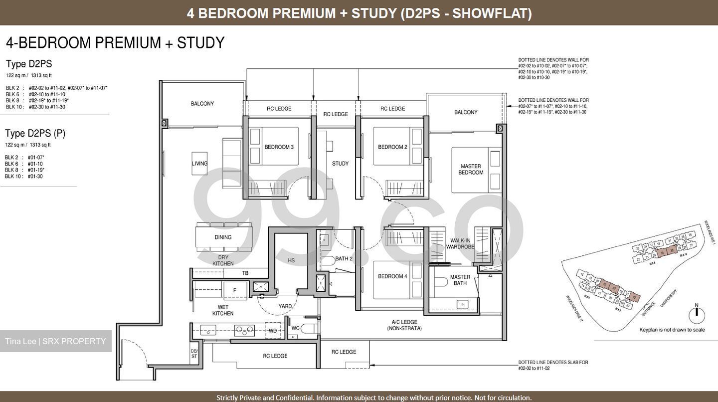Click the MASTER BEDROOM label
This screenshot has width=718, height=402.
tap(471, 169)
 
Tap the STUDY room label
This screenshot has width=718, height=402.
tap(340, 164)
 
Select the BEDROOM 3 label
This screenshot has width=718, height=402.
tap(279, 147)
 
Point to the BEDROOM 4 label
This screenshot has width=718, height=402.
tap(392, 276)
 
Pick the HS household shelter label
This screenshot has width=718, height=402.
tap(291, 260)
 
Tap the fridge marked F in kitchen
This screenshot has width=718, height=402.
tap(234, 290)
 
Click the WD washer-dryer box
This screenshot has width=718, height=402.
tap(273, 330)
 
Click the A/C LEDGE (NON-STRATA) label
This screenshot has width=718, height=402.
tap(404, 325)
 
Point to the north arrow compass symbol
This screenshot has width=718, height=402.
tap(697, 314)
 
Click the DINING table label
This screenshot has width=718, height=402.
tap(223, 237)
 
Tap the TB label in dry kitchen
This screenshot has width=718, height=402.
tap(245, 273)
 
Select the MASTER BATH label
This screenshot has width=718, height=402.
tap(460, 280)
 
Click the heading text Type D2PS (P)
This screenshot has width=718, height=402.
tap(35, 133)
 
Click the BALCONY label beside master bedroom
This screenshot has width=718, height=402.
tap(466, 113)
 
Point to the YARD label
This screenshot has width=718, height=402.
tap(285, 306)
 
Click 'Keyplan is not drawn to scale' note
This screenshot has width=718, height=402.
tap(672, 330)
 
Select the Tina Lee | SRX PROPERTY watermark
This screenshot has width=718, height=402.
tap(55, 341)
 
